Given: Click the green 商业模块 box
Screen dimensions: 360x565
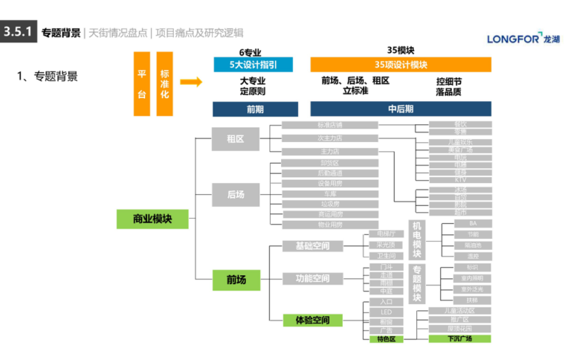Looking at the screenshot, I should (152, 219).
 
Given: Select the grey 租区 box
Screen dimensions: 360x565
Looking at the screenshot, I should (235, 139).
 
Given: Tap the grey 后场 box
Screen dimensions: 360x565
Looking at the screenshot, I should (235, 194).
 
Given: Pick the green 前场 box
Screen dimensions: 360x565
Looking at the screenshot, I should (236, 280).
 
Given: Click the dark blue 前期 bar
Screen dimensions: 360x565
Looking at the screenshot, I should (255, 109).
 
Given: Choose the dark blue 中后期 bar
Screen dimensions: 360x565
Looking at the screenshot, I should (400, 109).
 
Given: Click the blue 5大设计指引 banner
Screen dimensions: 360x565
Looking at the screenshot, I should (253, 65).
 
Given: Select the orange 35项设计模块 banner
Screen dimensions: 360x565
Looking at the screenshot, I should (400, 65).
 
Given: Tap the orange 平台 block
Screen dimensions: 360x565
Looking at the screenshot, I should (142, 83).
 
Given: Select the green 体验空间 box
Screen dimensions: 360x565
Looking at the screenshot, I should (313, 321).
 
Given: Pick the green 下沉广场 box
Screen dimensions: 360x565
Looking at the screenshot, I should (459, 338).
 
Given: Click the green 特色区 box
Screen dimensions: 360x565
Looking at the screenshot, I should (386, 338).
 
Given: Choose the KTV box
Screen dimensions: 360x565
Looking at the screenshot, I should (460, 179).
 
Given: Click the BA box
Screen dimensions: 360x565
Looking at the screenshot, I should (472, 223).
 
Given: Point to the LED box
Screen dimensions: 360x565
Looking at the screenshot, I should (386, 312).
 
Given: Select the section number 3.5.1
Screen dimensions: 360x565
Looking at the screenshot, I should (18, 32).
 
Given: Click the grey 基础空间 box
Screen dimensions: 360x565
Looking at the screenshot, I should (313, 245).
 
